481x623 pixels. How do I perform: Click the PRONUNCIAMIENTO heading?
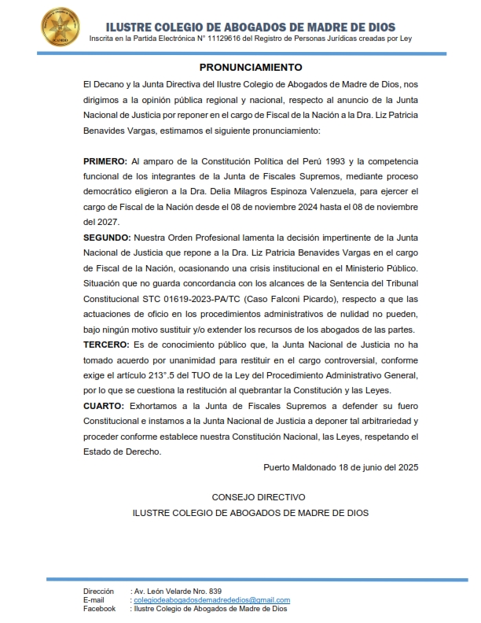[x=251, y=68]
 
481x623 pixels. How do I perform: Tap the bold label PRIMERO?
[x=105, y=161]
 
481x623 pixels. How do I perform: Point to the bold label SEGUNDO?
[x=108, y=237]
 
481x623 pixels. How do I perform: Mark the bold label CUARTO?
[x=104, y=406]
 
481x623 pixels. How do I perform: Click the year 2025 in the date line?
[x=406, y=466]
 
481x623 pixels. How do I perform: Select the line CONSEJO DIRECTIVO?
[x=259, y=498]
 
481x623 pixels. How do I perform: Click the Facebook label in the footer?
[x=100, y=609]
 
